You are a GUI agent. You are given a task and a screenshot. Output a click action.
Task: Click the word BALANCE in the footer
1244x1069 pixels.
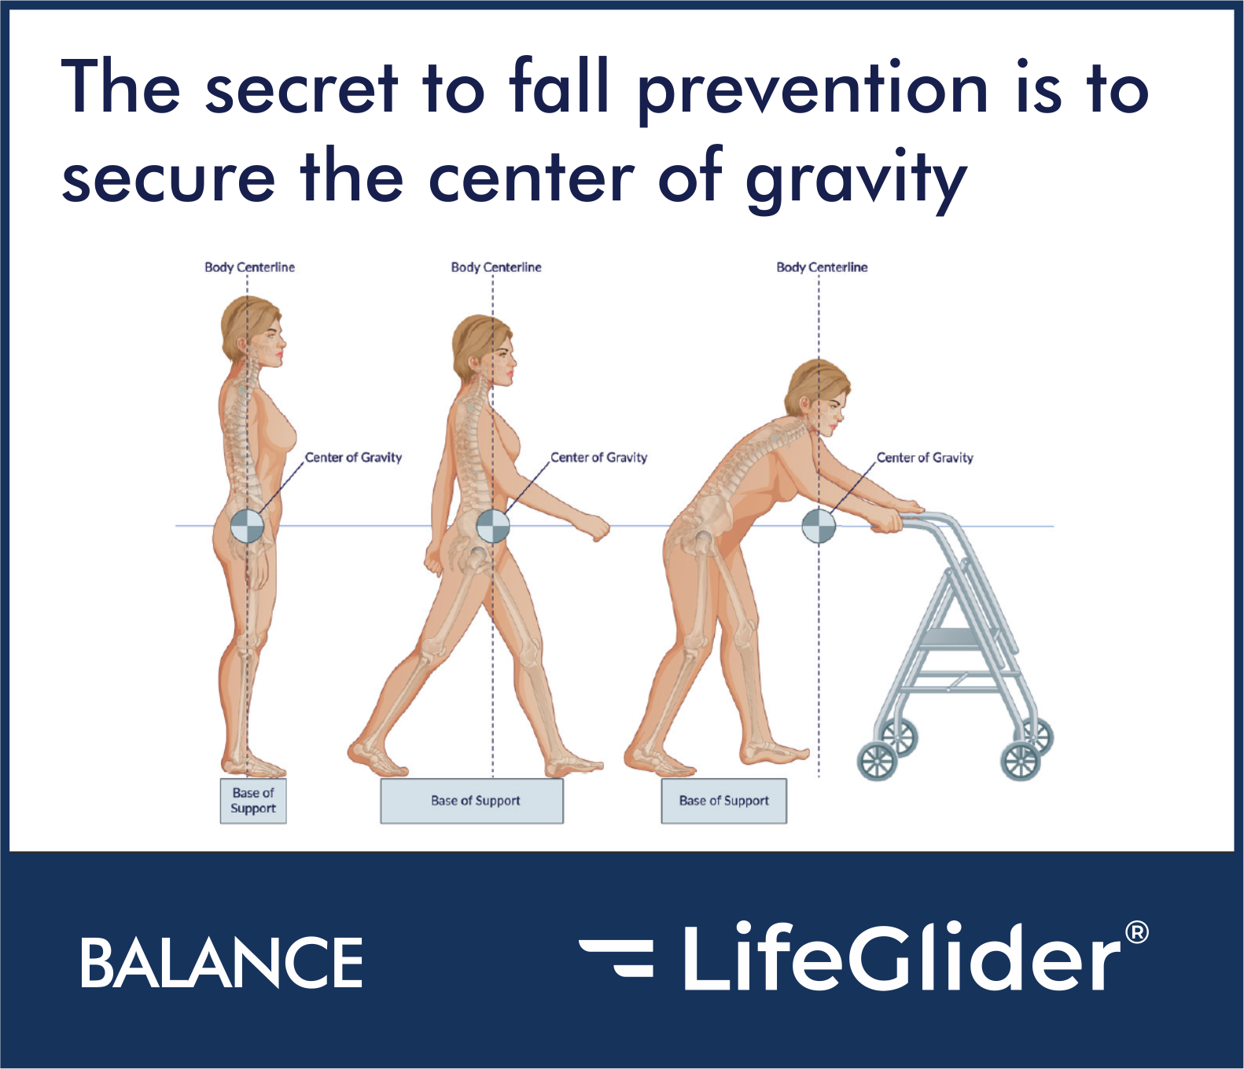click(222, 962)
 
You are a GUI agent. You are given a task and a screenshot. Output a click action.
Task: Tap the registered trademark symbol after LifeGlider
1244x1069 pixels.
click(1137, 933)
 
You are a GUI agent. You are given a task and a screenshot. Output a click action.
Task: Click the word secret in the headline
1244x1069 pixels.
click(302, 88)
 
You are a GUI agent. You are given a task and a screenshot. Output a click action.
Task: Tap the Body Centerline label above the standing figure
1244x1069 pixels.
click(249, 267)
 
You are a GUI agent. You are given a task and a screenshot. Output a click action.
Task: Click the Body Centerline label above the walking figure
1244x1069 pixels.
click(496, 267)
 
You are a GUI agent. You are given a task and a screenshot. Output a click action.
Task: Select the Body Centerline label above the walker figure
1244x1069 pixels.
click(822, 267)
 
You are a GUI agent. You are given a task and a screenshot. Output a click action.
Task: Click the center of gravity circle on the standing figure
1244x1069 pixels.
click(247, 526)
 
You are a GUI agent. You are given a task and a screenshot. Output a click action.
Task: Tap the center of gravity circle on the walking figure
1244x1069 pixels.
click(493, 526)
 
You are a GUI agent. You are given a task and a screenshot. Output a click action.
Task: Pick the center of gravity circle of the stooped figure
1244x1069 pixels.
click(819, 526)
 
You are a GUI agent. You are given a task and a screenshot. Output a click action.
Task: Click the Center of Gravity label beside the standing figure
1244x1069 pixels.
click(353, 457)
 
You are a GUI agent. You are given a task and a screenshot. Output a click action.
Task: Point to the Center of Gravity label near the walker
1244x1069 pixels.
click(925, 457)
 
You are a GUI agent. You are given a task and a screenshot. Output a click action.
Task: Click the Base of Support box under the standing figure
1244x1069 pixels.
click(253, 801)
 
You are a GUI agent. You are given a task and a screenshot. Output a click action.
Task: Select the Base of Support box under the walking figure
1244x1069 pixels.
click(472, 801)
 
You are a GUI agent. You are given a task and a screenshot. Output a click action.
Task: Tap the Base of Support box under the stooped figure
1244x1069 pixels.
click(724, 801)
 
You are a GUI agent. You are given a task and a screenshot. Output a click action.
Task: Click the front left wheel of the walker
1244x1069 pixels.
click(877, 760)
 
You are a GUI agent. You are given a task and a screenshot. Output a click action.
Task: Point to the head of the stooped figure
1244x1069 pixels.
click(818, 397)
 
